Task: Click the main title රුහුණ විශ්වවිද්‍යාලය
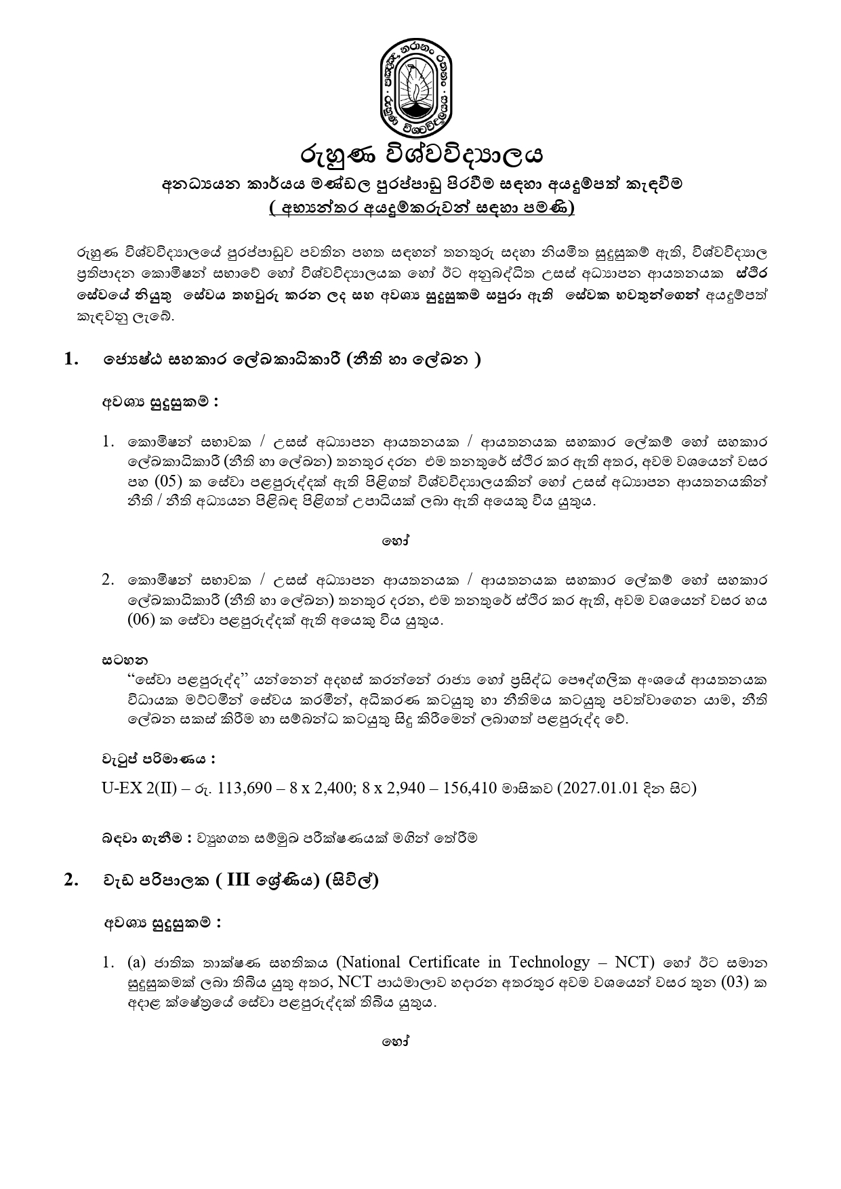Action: [422, 155]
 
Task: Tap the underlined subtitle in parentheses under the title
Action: [421, 209]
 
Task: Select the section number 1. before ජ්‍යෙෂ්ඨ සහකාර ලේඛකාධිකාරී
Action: [71, 359]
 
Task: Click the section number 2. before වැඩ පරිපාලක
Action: [71, 880]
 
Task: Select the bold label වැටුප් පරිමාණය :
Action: [159, 759]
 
